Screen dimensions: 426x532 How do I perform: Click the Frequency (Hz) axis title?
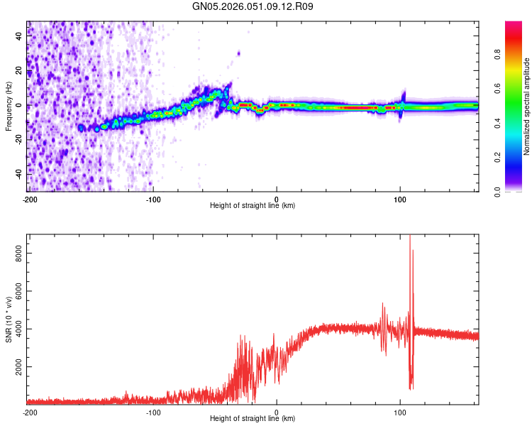pos(9,106)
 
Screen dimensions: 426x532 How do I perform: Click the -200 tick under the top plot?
pos(29,198)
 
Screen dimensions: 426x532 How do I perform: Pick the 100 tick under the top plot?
pos(400,198)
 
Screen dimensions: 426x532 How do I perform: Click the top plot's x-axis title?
pos(253,206)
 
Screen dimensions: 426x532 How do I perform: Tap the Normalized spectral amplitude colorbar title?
pos(527,106)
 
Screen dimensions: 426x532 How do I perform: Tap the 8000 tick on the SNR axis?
pos(15,252)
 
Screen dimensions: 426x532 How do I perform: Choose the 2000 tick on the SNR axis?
pos(15,367)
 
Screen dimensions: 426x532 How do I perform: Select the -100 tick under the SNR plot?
pos(153,411)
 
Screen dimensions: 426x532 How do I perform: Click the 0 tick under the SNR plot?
pos(277,411)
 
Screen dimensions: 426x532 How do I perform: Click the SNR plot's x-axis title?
pos(253,419)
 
